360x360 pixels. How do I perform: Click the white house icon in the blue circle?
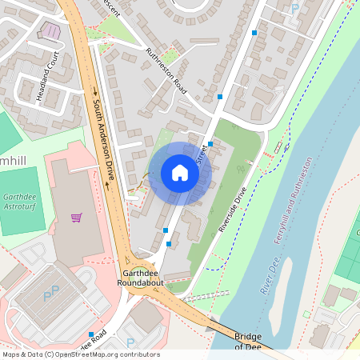coord(180,172)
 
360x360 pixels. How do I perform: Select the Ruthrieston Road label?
coord(166,68)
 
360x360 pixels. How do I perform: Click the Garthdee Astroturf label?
coord(22,201)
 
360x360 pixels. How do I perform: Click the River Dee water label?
coord(272,274)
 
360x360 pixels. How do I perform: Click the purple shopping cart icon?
coord(77,217)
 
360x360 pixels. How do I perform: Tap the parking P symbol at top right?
coord(295,9)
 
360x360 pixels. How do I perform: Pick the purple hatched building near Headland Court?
coord(50,30)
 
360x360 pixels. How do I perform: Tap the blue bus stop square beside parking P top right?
coord(254,33)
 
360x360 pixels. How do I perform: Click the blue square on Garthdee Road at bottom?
coord(92,334)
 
